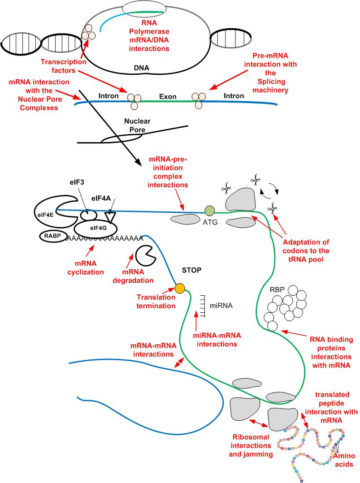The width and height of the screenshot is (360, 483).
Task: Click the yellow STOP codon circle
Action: [x=180, y=288]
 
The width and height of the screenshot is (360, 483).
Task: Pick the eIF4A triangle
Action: [x=109, y=216]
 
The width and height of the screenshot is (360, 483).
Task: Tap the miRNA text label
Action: [x=221, y=306]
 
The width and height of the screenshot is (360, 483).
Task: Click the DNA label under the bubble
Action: [x=142, y=69]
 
